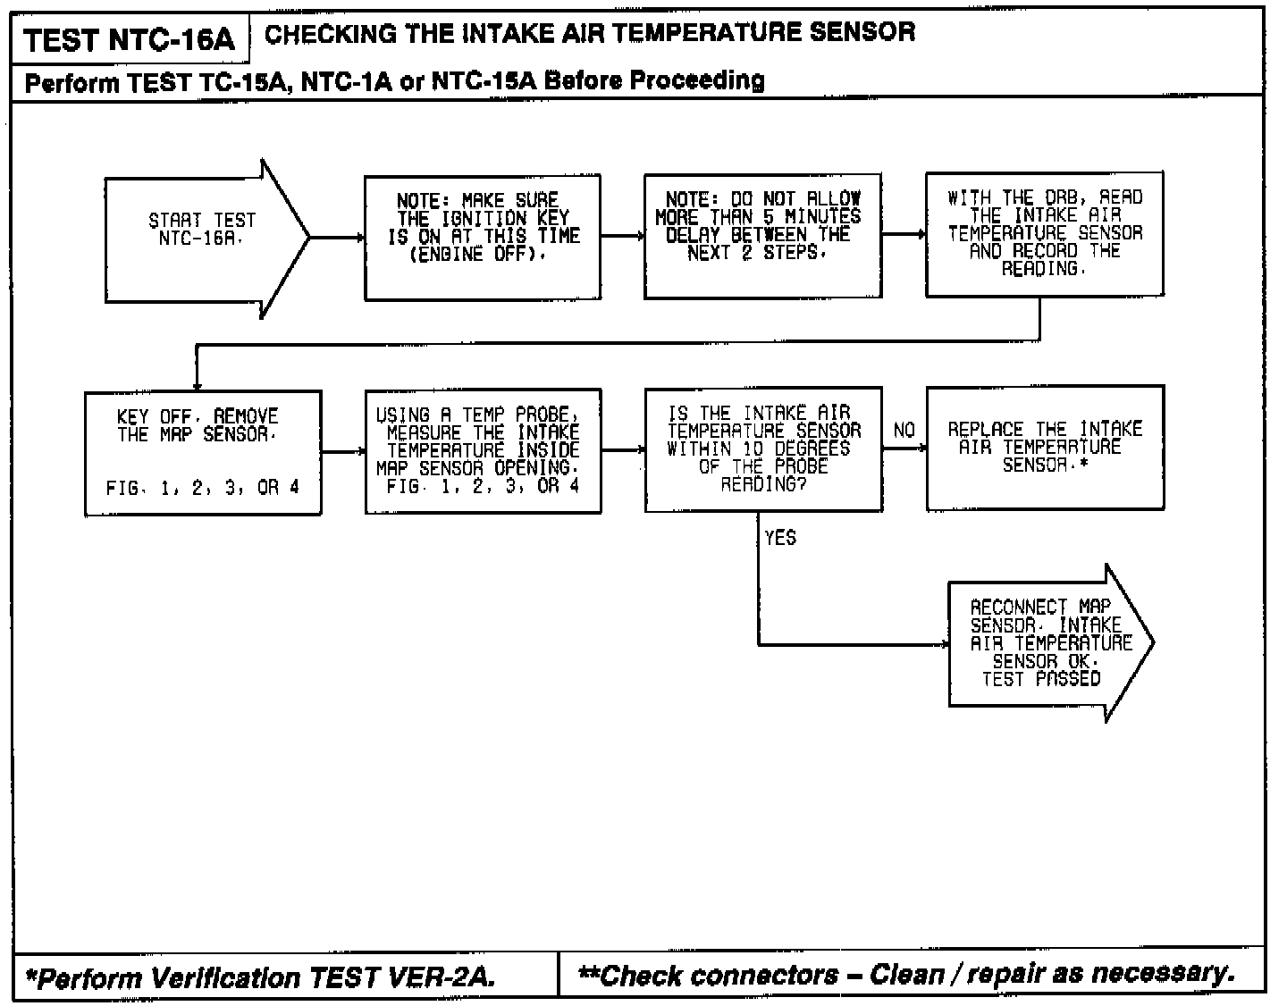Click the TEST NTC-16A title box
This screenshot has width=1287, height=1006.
(130, 39)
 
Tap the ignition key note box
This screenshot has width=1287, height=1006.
(483, 238)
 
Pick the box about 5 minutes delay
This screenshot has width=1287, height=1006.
(762, 236)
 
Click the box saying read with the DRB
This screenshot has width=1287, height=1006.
(1045, 234)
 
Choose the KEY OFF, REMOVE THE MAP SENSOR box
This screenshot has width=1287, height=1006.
(203, 452)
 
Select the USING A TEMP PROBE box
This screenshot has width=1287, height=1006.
(483, 451)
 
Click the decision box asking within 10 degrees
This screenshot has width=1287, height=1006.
(763, 449)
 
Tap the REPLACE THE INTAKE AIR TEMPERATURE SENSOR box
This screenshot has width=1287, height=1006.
(1045, 448)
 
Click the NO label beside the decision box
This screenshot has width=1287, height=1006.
(904, 431)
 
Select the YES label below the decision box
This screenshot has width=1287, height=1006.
(780, 538)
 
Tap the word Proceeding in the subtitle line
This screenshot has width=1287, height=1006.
(698, 81)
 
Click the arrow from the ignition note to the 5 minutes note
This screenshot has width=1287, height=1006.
(623, 237)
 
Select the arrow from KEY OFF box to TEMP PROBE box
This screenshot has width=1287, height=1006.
(343, 452)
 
